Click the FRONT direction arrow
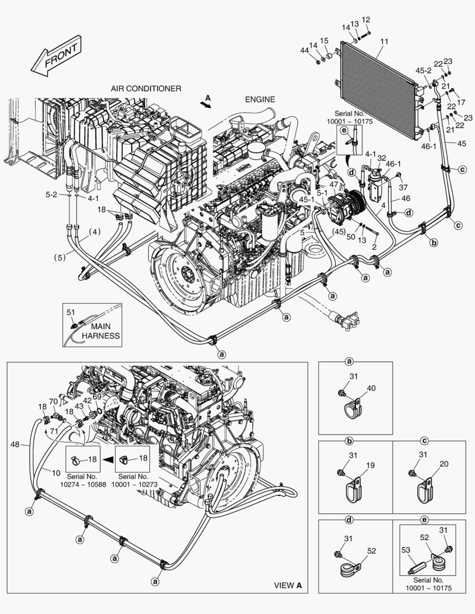click(x=56, y=56)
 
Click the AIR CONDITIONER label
click(x=146, y=89)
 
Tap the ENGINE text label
click(x=260, y=99)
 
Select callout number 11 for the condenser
click(x=384, y=41)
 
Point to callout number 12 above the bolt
click(x=366, y=19)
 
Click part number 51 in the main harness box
click(x=71, y=312)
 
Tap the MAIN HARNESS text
click(x=101, y=331)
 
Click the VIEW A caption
click(x=288, y=586)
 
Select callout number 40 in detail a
click(x=371, y=388)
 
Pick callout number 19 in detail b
click(x=370, y=465)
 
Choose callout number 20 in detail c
click(x=444, y=464)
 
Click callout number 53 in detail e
click(x=406, y=550)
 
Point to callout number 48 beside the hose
click(x=15, y=444)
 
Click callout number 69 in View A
click(x=97, y=397)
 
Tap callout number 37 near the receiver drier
click(x=403, y=188)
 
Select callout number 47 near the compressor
click(x=333, y=184)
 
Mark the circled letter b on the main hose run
click(x=434, y=243)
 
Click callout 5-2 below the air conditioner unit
click(x=51, y=194)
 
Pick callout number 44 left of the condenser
click(x=304, y=50)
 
